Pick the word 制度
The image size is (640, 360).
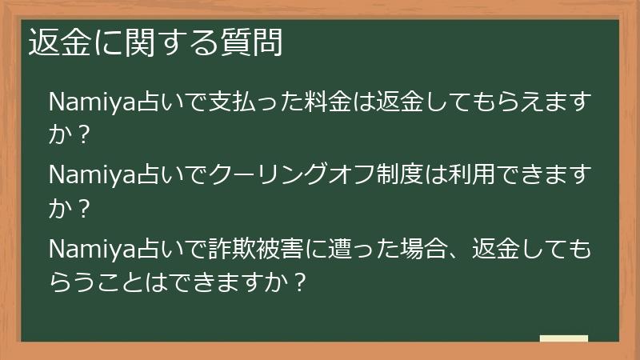[391, 175]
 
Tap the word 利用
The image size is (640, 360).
[463, 175]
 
